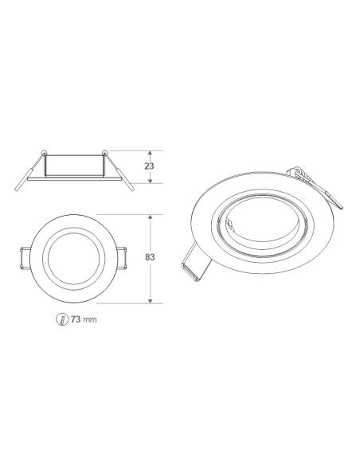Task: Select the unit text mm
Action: (x=92, y=319)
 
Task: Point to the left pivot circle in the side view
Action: (x=45, y=151)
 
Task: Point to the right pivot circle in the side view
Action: (x=105, y=151)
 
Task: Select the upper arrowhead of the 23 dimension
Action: (x=151, y=153)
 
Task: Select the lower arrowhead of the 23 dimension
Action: (x=151, y=182)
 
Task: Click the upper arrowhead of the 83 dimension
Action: (x=151, y=216)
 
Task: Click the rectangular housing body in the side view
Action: (x=75, y=166)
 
